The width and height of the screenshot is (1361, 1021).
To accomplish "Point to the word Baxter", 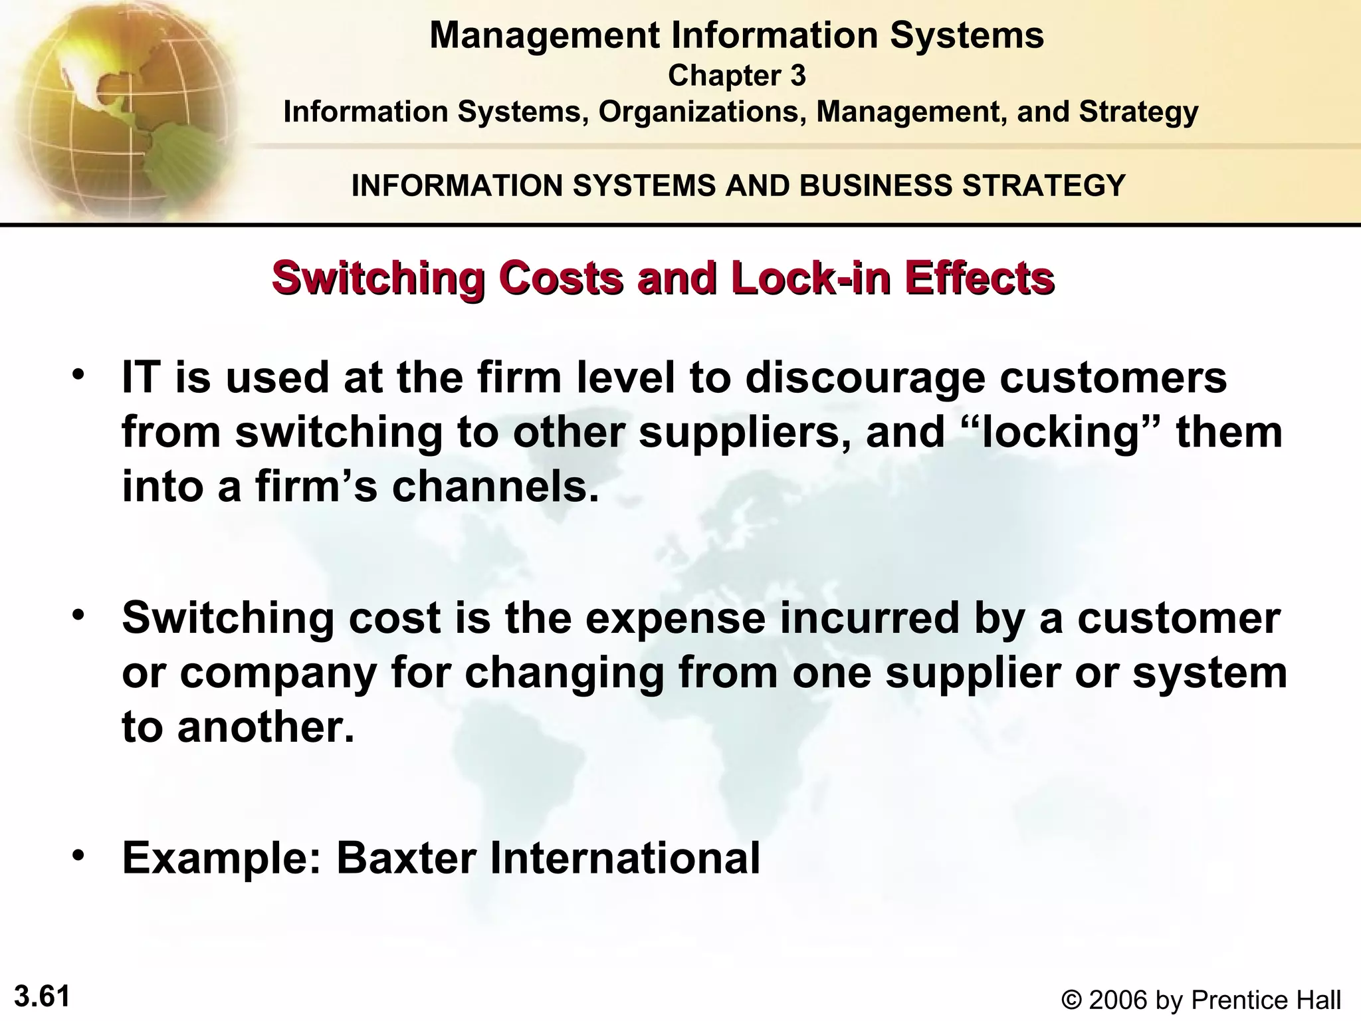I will coord(407,858).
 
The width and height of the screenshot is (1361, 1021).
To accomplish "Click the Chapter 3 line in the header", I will coord(736,76).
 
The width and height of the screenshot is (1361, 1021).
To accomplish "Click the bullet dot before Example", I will coord(80,854).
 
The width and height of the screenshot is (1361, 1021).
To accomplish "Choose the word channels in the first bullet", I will coord(495,487).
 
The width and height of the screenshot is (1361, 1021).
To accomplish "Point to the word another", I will coord(265,727).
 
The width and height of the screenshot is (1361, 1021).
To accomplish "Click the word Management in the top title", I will coord(546,35).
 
